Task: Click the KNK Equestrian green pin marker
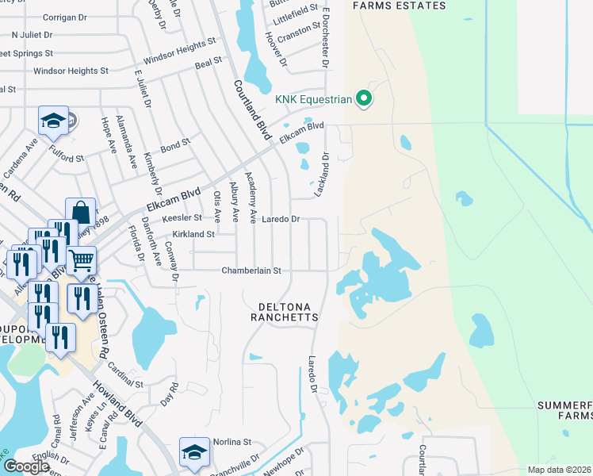point(364,99)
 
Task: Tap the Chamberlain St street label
point(251,271)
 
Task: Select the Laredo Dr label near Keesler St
point(281,219)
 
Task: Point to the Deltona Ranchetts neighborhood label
point(287,311)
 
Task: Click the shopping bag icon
point(80,213)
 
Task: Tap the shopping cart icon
point(82,259)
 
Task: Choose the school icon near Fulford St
point(53,121)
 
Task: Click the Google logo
point(26,466)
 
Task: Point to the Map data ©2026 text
point(559,470)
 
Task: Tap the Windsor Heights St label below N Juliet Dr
point(65,71)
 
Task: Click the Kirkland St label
point(193,235)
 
